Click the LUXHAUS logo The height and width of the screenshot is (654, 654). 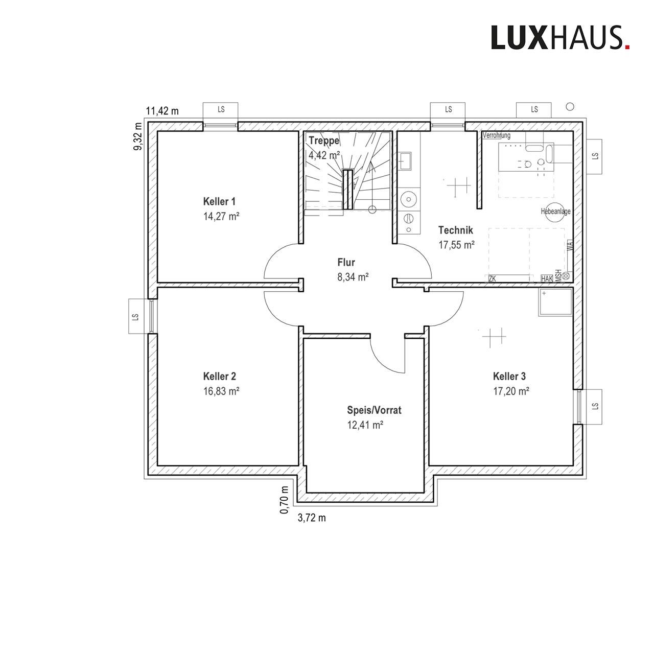[560, 38]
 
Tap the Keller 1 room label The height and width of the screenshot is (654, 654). [219, 201]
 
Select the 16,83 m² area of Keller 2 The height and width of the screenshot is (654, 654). [221, 391]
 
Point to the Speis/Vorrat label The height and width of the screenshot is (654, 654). [374, 410]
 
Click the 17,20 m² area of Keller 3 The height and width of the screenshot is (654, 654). [511, 391]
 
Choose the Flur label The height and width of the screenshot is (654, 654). [346, 262]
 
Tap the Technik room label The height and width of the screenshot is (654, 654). [455, 230]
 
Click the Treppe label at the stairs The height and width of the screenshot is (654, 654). [324, 140]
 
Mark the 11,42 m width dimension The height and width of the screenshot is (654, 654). [162, 111]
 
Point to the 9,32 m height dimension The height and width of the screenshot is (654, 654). [138, 136]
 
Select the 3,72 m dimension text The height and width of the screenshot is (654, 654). [312, 518]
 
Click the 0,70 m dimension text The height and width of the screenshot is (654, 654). [284, 500]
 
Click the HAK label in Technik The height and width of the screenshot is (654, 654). [547, 278]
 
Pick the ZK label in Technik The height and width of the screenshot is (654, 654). [492, 278]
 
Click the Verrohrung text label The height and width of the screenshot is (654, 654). [497, 135]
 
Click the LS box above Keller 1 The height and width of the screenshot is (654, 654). [221, 110]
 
